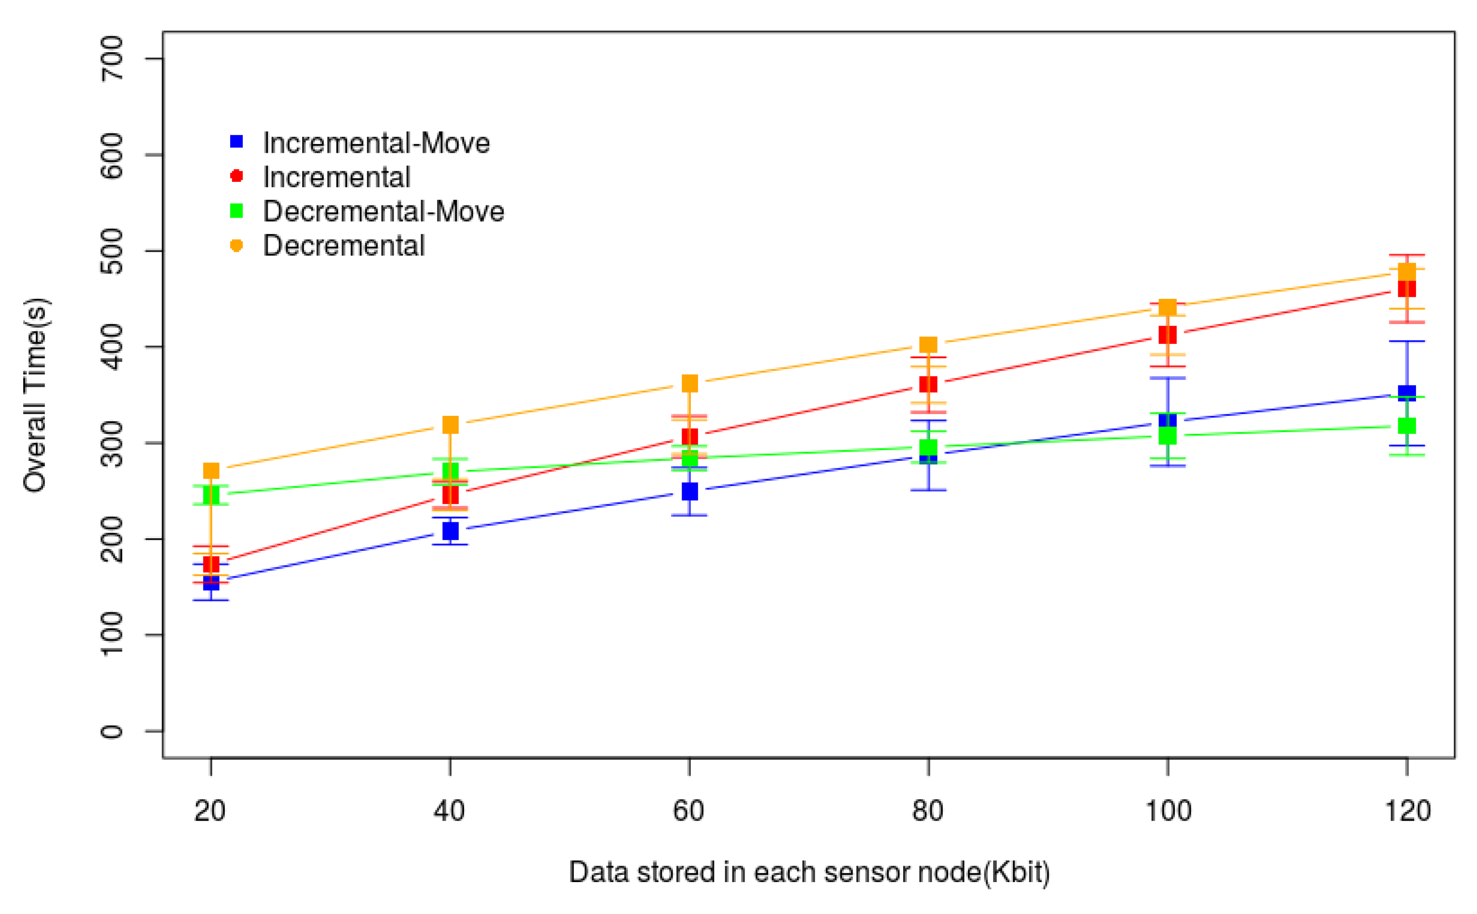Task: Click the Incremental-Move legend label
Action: pos(376,143)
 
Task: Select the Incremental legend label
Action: pos(336,177)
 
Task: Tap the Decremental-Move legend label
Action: pos(383,212)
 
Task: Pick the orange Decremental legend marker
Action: pos(237,246)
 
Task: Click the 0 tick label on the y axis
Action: pos(112,731)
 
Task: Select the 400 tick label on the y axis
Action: pos(112,347)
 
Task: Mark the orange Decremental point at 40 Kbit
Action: pos(450,425)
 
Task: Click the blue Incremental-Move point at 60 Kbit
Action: pos(689,491)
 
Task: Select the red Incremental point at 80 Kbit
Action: pos(928,384)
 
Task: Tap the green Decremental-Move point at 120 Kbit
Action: pos(1407,426)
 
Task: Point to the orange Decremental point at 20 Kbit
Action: pos(211,471)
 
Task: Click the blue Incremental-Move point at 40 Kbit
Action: pos(450,531)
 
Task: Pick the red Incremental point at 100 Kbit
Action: pos(1168,335)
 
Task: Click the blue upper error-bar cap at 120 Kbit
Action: pos(1407,341)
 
